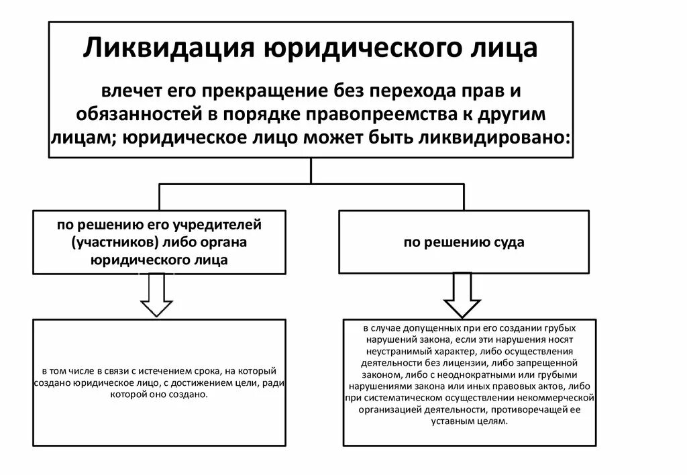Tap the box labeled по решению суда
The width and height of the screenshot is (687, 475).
pyautogui.click(x=464, y=242)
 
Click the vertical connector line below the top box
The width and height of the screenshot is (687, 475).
pyautogui.click(x=311, y=170)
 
